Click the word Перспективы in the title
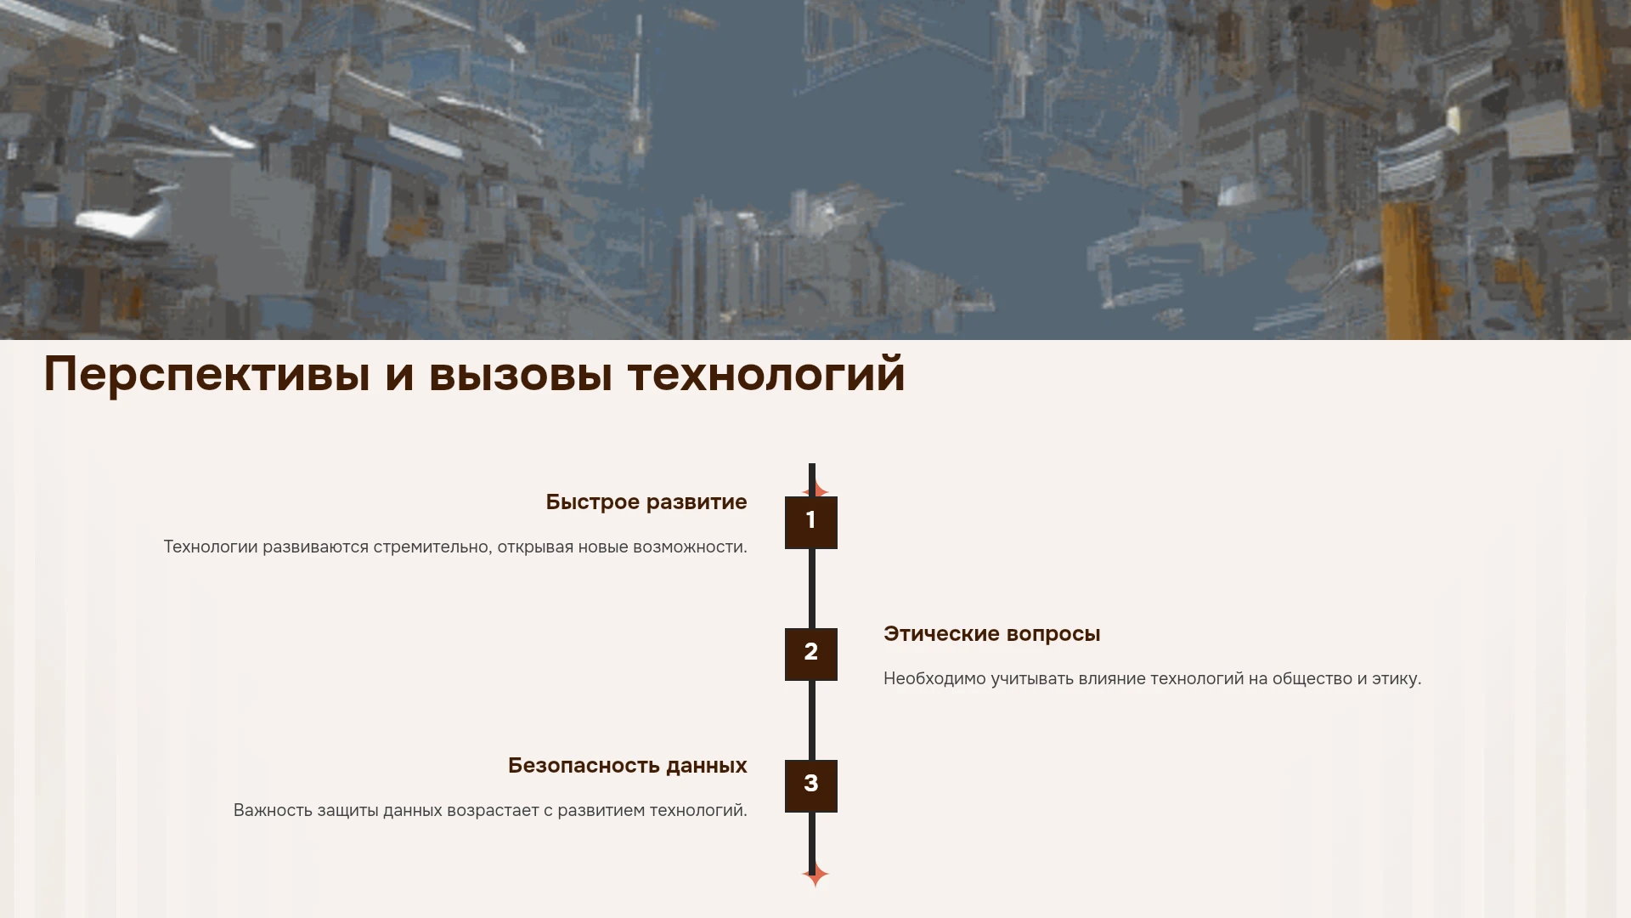tap(207, 375)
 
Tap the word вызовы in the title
tap(521, 375)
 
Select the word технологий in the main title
tap(766, 375)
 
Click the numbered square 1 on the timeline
tap(811, 523)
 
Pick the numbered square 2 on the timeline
tap(811, 654)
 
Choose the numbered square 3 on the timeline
tap(811, 786)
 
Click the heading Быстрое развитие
tap(646, 502)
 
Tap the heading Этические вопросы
tap(992, 634)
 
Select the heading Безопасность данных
tap(628, 766)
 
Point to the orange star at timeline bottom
tap(815, 875)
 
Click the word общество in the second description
tap(1312, 679)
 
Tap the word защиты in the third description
tap(348, 811)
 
